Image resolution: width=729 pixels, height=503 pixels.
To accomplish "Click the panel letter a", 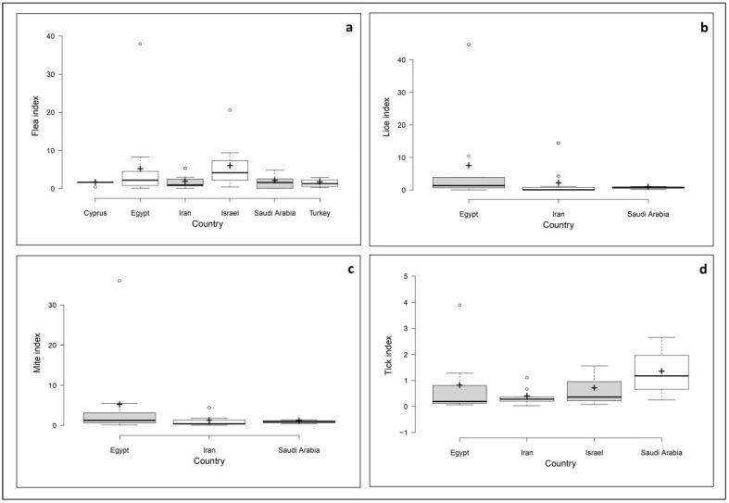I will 348,28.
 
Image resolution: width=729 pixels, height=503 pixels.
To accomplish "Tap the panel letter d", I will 702,270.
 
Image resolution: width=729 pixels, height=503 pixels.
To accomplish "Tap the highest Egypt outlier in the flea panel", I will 140,44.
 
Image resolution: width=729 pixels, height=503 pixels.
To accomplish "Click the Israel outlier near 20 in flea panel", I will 229,110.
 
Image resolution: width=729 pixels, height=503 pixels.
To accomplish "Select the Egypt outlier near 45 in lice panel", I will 468,44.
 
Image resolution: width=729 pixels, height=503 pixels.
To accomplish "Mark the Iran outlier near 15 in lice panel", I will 558,143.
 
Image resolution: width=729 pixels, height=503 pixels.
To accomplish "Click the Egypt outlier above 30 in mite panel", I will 119,281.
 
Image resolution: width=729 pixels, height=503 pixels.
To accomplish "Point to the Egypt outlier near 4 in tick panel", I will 459,306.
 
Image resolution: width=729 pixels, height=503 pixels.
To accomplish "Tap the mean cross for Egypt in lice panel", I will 468,166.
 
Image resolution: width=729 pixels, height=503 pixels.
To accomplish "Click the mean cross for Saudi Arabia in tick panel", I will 660,371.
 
